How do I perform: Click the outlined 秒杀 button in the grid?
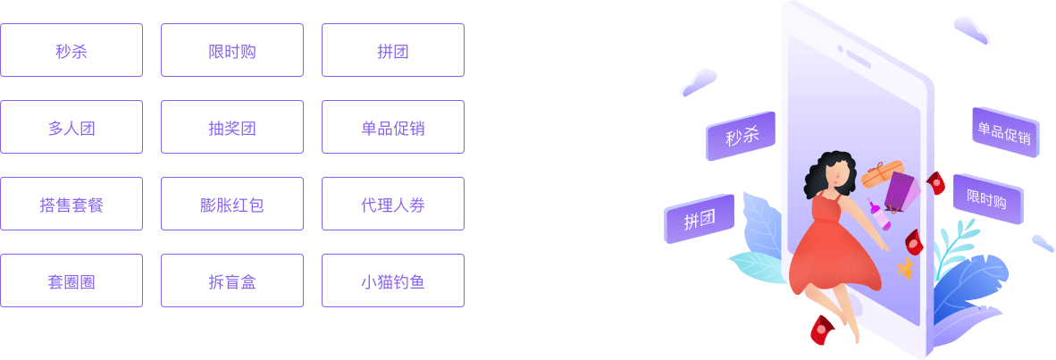tap(71, 50)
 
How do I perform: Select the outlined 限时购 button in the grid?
tap(232, 50)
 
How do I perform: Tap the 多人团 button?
tap(71, 127)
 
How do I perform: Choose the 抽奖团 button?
tap(232, 127)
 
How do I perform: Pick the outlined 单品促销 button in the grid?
tap(393, 127)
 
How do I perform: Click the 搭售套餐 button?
tap(71, 204)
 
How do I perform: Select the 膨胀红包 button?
tap(232, 204)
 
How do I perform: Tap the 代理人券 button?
tap(393, 204)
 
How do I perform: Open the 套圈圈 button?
tap(71, 280)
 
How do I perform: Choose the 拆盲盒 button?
tap(232, 280)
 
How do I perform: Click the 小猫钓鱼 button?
tap(393, 280)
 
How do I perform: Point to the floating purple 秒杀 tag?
tap(741, 136)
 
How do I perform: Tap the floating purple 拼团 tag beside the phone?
tap(699, 219)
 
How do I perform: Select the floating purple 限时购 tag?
tap(986, 198)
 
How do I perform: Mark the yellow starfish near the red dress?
tap(906, 268)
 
